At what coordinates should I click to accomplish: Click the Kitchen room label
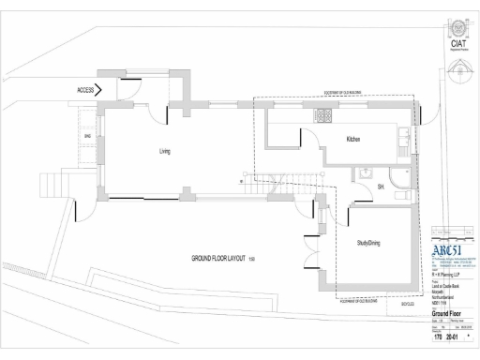pyautogui.click(x=353, y=140)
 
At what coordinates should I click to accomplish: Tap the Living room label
pyautogui.click(x=164, y=150)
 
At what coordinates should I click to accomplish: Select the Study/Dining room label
pyautogui.click(x=367, y=242)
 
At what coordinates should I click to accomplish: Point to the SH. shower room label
pyautogui.click(x=382, y=187)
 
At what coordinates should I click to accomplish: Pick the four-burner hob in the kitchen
pyautogui.click(x=324, y=116)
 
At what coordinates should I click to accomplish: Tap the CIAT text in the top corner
pyautogui.click(x=459, y=43)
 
